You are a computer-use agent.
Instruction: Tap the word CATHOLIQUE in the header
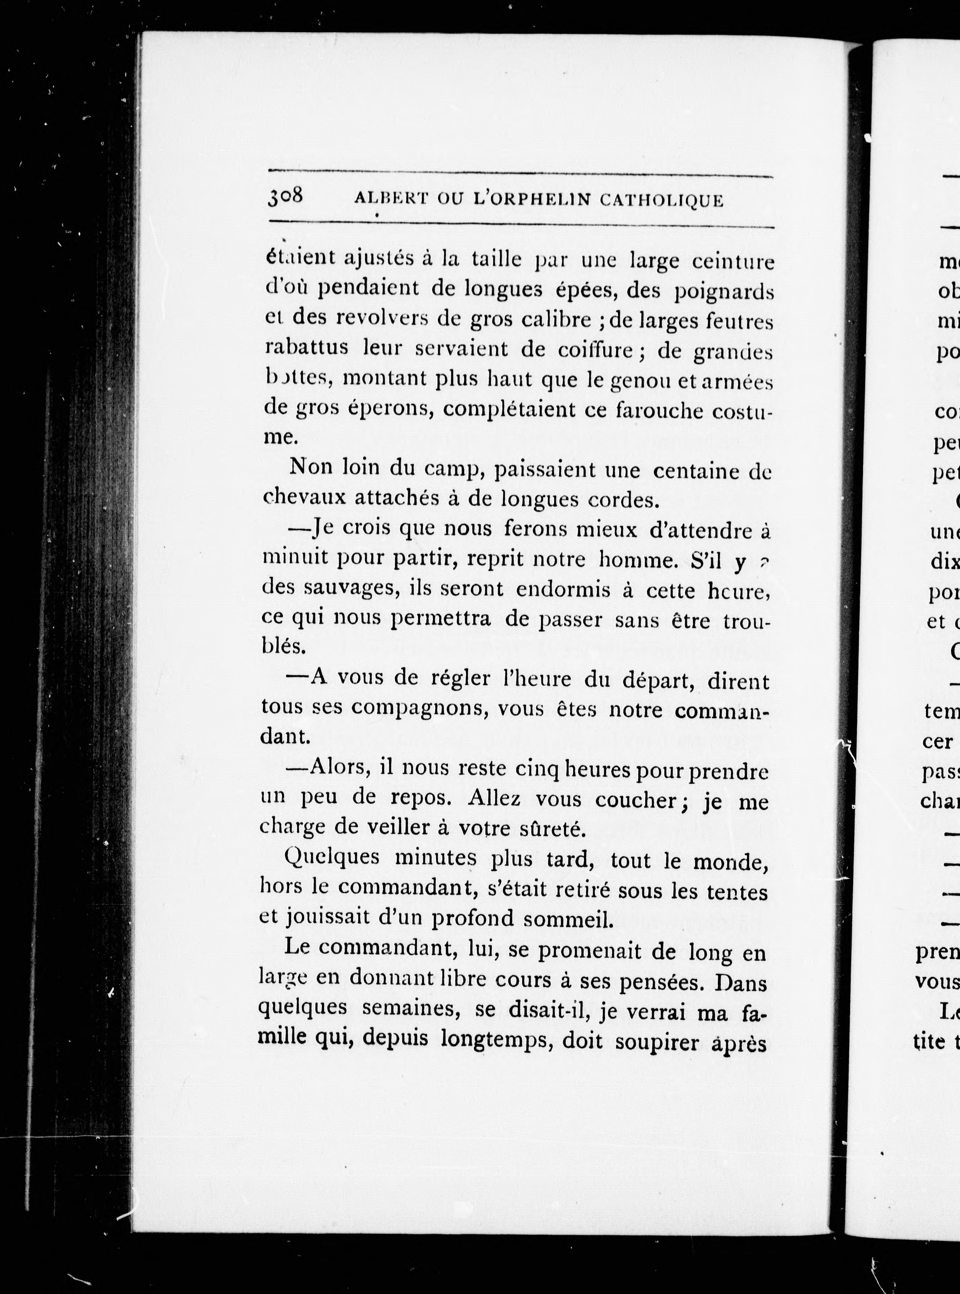(661, 201)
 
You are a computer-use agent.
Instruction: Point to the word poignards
(723, 291)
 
